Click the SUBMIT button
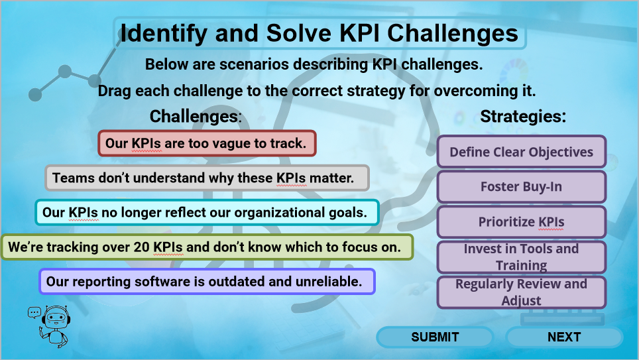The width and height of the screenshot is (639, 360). click(x=435, y=337)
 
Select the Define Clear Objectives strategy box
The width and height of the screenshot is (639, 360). click(x=521, y=152)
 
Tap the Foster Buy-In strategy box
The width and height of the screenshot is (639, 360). click(x=521, y=187)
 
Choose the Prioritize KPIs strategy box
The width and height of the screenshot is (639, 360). click(x=521, y=222)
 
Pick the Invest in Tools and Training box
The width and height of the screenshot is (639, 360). click(x=521, y=257)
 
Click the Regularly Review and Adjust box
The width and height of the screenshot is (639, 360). click(x=521, y=292)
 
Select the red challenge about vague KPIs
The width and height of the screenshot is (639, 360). click(x=207, y=143)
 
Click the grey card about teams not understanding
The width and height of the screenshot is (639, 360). click(x=207, y=178)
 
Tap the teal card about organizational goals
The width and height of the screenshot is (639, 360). click(x=207, y=213)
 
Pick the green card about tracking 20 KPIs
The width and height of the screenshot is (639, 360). click(x=207, y=247)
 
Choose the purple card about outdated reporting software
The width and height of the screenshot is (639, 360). click(x=207, y=282)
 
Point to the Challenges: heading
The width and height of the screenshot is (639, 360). click(x=196, y=116)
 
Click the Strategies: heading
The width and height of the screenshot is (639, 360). click(x=523, y=116)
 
